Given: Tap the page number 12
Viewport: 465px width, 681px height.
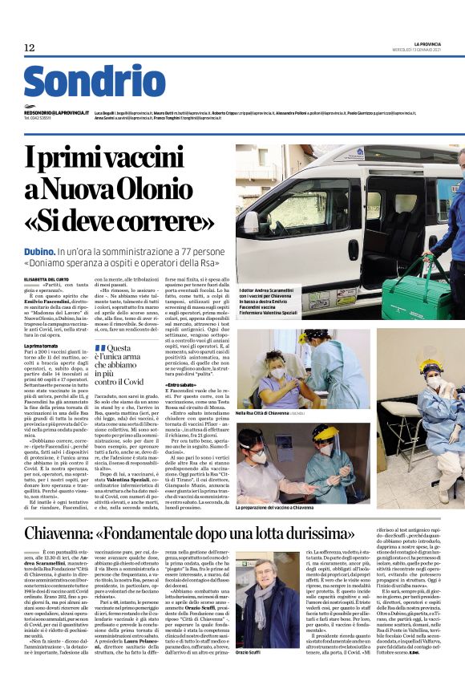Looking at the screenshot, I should [30, 48].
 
